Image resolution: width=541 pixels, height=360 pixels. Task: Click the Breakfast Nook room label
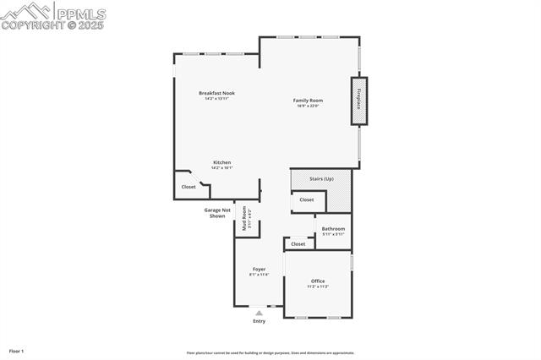coord(216,93)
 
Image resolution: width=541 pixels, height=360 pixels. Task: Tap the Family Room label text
coord(308,101)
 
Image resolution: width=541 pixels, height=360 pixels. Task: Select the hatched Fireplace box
coord(359,101)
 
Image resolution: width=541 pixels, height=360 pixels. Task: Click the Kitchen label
coord(221,162)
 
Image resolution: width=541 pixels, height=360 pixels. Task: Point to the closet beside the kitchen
coord(189,187)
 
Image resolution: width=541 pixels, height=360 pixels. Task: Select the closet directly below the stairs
coord(306,200)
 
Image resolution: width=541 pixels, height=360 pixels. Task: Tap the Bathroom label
coord(333,228)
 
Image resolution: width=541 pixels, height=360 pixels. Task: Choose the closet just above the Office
coord(298,244)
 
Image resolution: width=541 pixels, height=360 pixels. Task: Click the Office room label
coord(318,281)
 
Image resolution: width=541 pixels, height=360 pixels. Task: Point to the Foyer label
coord(259,270)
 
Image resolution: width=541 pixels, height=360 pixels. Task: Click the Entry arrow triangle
coord(259,313)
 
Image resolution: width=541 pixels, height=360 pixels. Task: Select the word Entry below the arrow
coord(259,321)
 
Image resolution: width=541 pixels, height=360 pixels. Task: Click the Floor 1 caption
coord(16,351)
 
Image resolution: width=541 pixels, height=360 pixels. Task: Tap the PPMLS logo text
coord(80,14)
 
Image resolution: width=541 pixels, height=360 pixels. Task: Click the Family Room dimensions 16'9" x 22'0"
coord(308,106)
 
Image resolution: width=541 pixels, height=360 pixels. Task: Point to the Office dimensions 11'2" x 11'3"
coord(318,286)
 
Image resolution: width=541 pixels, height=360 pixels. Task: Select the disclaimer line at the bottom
coord(270,353)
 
